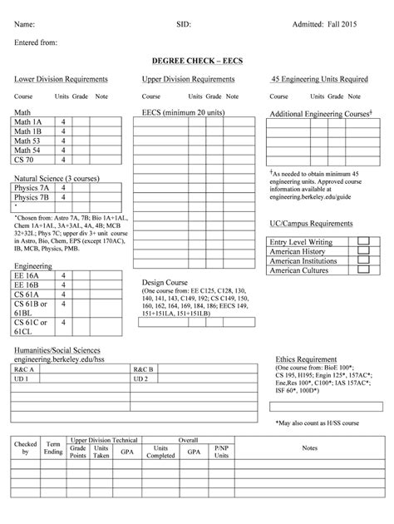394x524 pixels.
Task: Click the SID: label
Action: tap(184, 26)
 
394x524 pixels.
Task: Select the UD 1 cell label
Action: tap(22, 378)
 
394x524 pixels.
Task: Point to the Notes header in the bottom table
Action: tap(309, 447)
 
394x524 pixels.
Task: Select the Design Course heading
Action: tap(166, 282)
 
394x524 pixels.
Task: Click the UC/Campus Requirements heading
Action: tap(312, 224)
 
